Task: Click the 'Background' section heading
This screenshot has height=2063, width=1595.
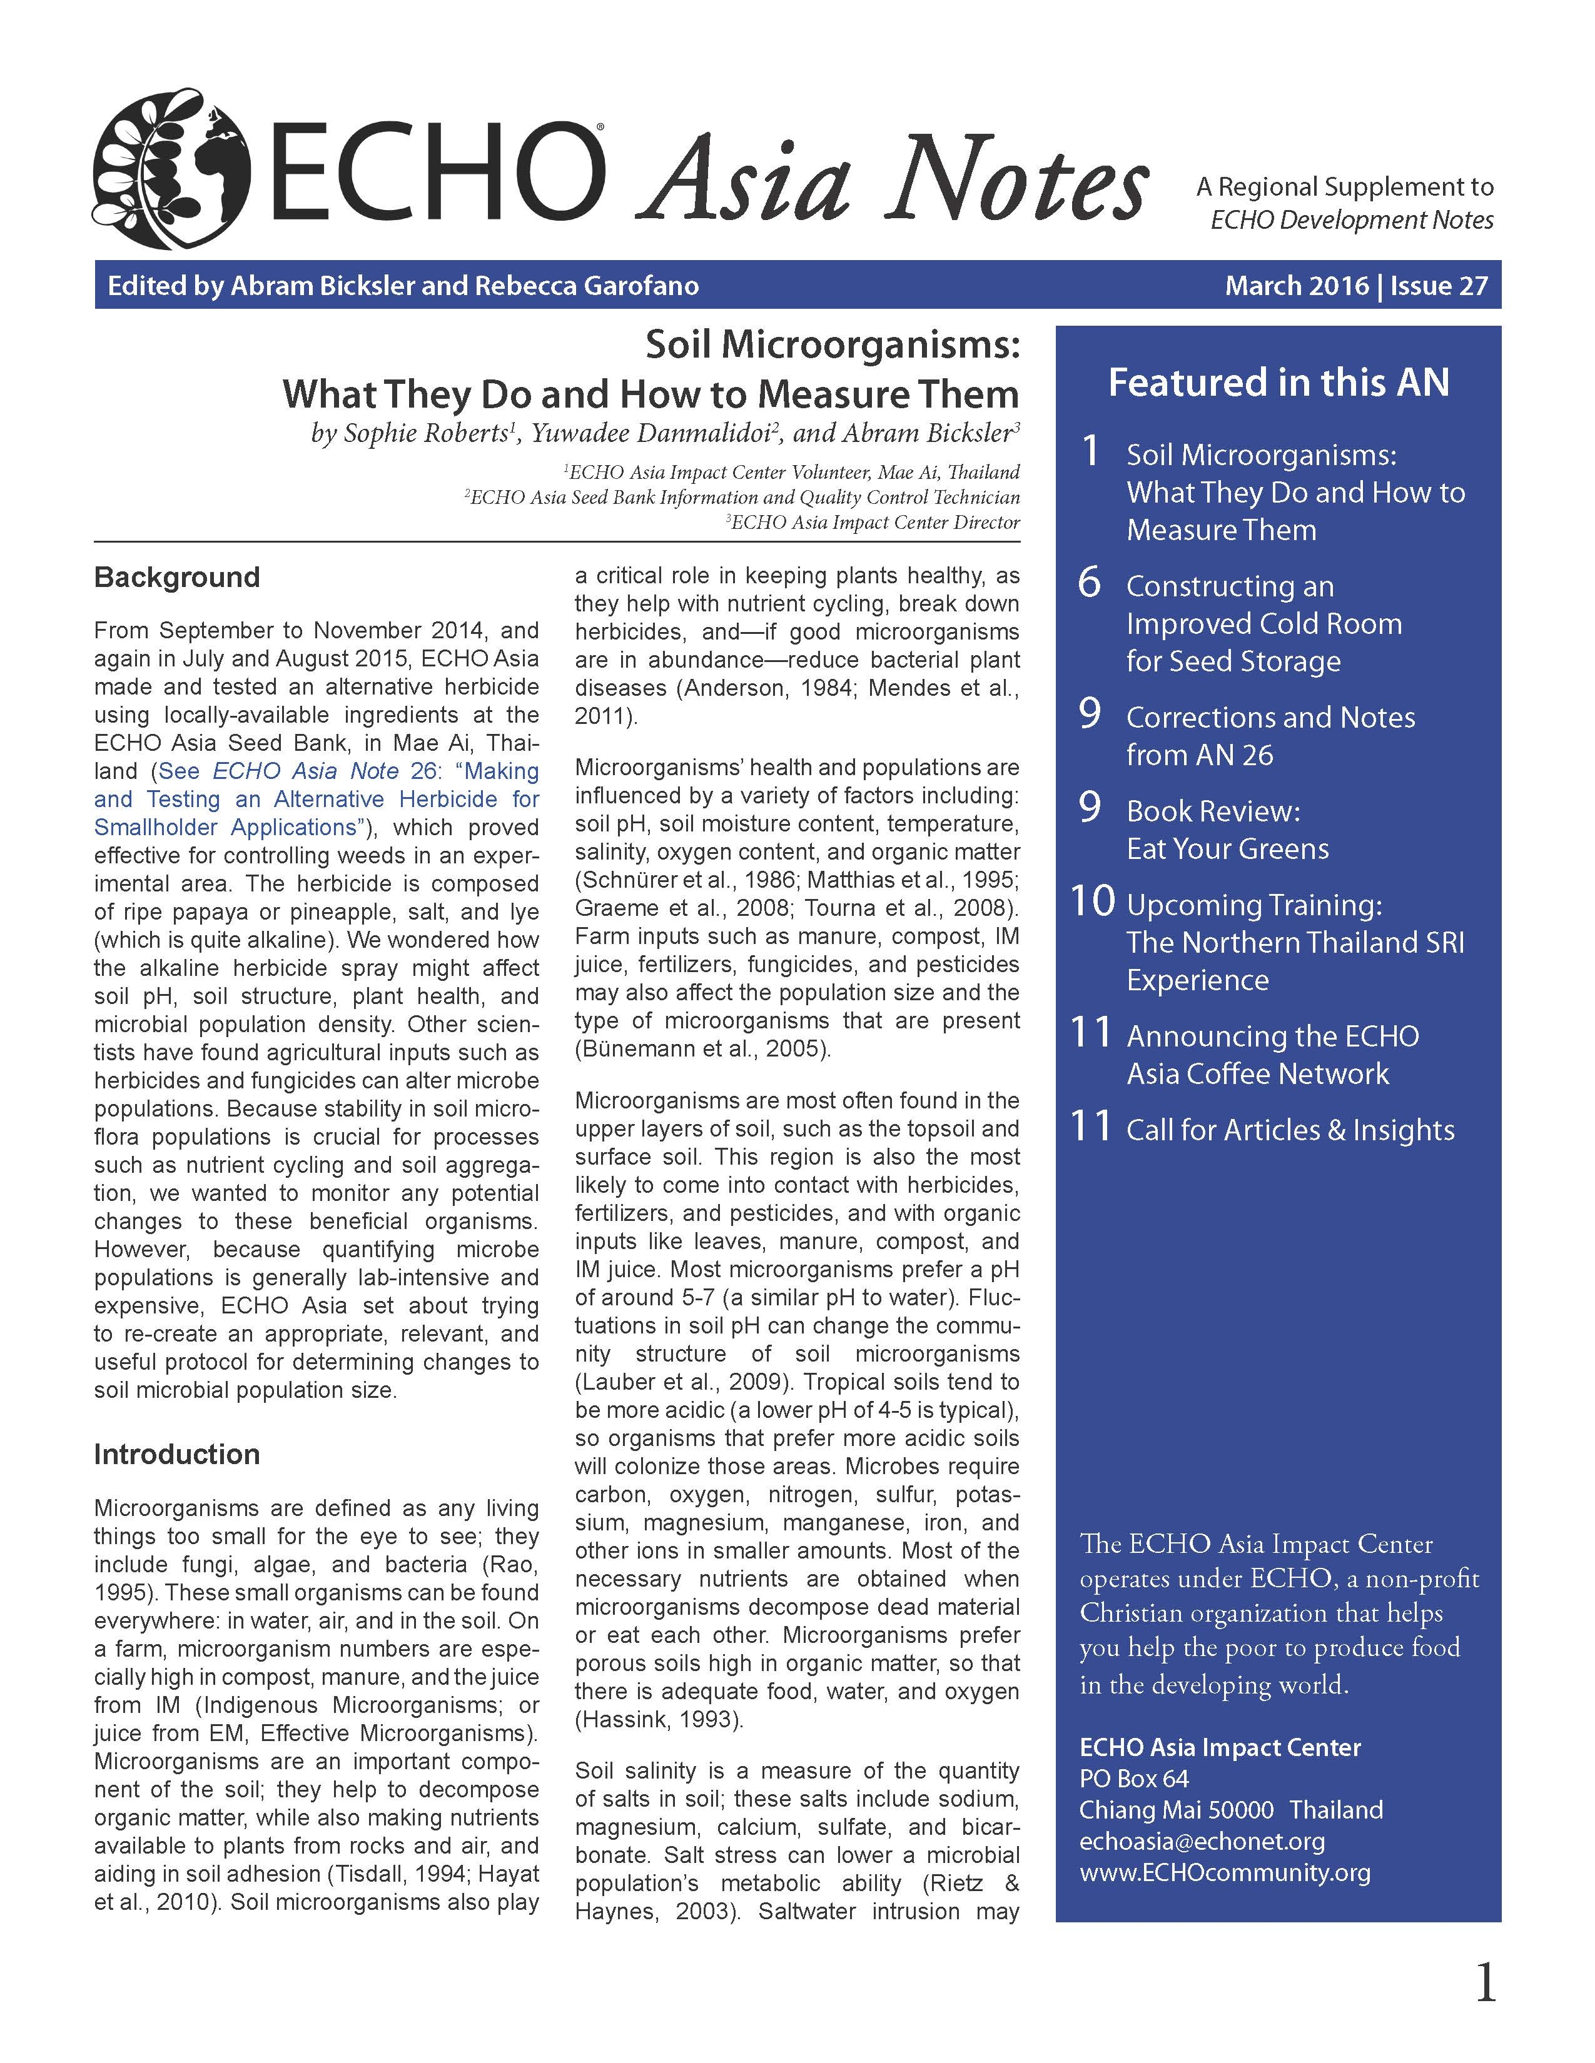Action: click(176, 577)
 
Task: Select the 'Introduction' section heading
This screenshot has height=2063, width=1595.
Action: click(176, 1453)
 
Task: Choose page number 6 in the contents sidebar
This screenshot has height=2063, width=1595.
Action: click(1090, 583)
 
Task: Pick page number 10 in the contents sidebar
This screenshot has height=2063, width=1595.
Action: click(1092, 901)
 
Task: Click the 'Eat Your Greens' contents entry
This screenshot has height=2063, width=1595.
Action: click(1227, 848)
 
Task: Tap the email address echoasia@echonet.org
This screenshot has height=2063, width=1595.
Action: click(1202, 1841)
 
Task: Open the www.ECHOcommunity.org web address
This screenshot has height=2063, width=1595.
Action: click(1225, 1872)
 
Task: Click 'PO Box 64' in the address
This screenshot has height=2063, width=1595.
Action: click(1134, 1779)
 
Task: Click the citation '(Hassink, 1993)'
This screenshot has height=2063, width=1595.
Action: click(659, 1719)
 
